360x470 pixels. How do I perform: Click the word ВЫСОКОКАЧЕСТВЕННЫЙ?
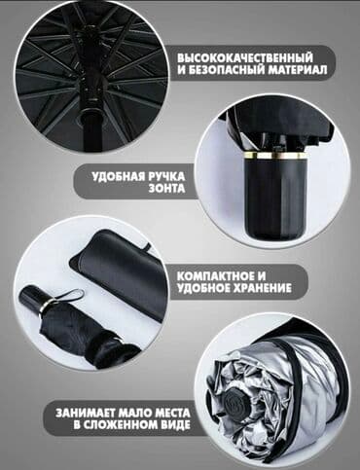245,58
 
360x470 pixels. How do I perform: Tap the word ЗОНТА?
167,189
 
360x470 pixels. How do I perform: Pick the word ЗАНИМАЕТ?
85,414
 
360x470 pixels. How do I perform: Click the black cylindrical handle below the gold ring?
275,198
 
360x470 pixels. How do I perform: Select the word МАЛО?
131,414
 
